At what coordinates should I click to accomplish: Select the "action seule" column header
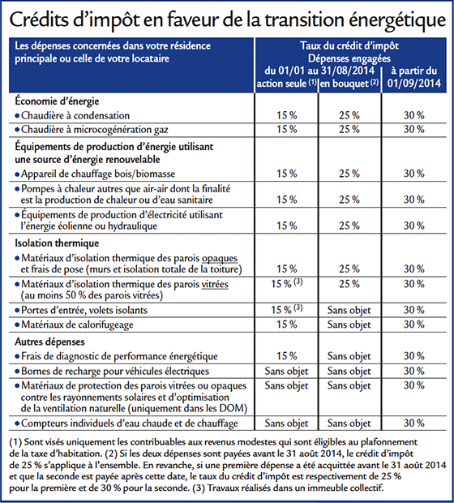click(282, 84)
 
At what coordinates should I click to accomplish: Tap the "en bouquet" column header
click(345, 84)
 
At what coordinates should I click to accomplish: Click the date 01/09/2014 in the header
click(414, 84)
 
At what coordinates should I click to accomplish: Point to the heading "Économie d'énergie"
click(57, 101)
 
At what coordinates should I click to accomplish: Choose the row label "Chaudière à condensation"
click(75, 115)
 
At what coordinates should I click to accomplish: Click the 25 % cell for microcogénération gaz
click(349, 129)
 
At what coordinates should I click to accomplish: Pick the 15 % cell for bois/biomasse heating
click(287, 174)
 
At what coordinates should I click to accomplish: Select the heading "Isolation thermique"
click(57, 243)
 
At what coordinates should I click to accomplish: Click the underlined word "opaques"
click(220, 258)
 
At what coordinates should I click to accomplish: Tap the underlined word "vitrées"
click(215, 284)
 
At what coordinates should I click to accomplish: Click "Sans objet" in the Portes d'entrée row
click(349, 310)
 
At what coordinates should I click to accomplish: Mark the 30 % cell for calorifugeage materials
click(414, 325)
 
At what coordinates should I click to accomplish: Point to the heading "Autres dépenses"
click(49, 342)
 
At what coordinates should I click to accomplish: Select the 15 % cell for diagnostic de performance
click(287, 356)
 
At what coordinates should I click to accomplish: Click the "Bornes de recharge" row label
click(115, 371)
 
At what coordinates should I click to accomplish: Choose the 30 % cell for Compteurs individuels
click(414, 423)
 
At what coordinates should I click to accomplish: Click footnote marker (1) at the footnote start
click(15, 442)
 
